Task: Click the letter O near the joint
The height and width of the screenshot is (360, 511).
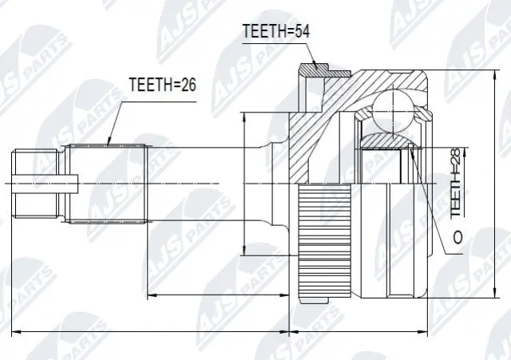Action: (x=458, y=237)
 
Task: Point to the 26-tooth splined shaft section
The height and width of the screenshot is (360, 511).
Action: (x=108, y=184)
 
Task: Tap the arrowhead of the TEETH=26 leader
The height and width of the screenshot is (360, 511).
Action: (x=109, y=144)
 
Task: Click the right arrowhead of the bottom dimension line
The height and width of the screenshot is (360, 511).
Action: (x=435, y=331)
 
